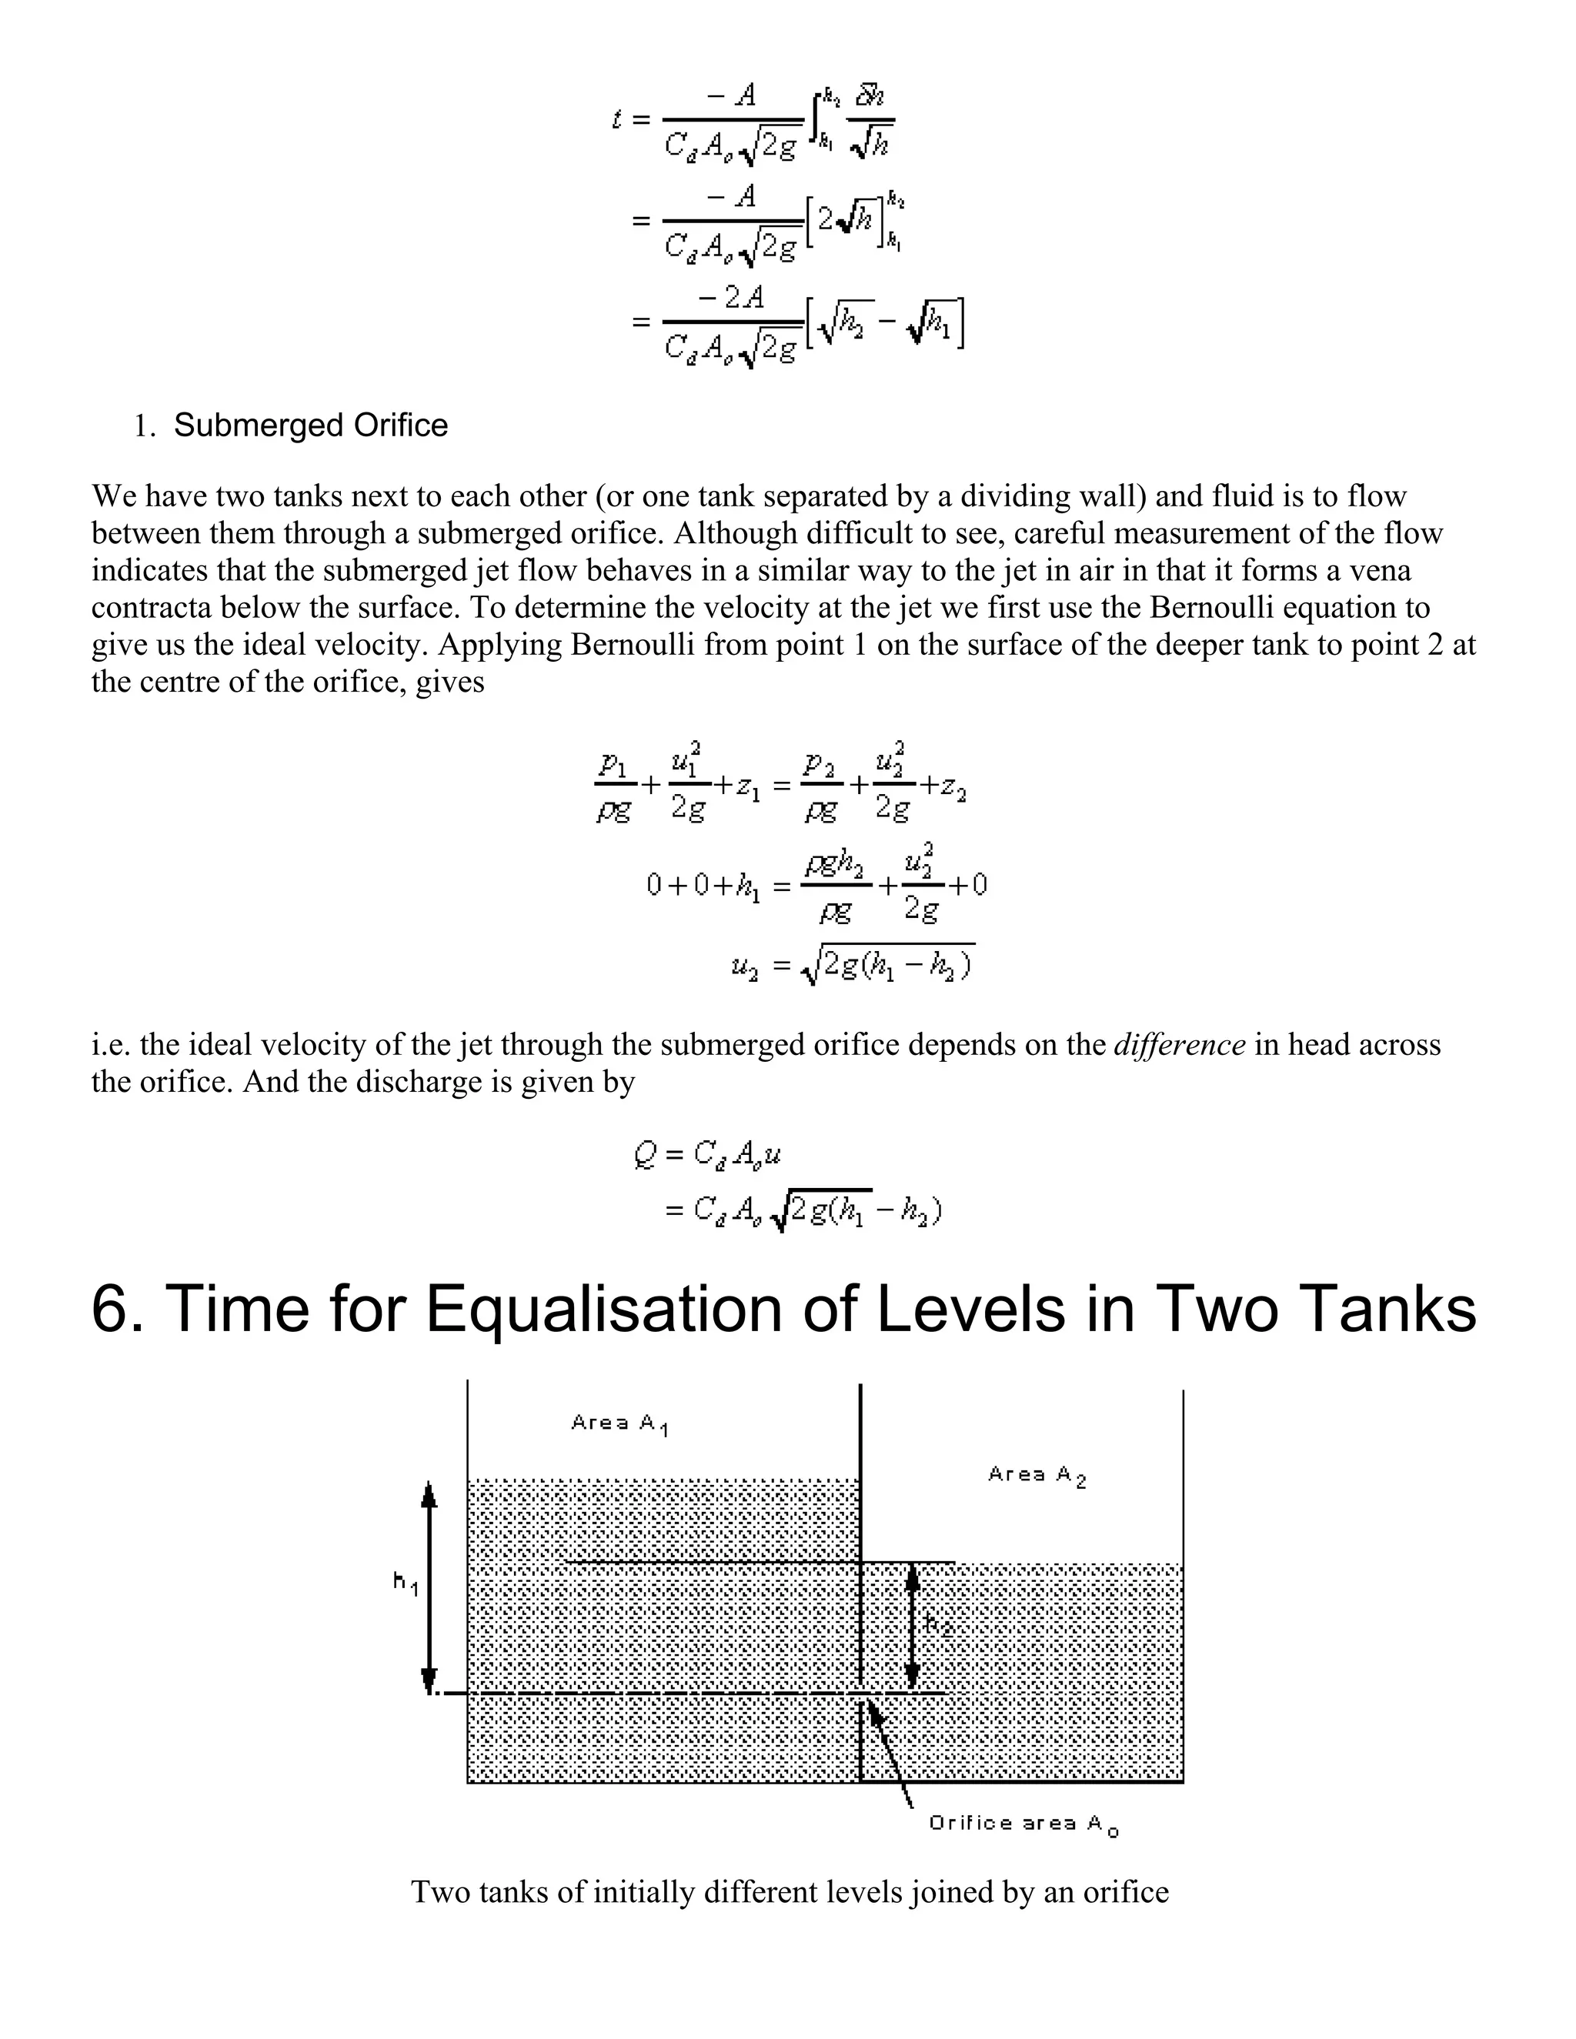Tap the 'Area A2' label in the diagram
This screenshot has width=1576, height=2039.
click(x=1037, y=1475)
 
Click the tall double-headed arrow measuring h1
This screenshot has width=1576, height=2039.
click(x=429, y=1587)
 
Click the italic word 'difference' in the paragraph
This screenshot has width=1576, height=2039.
click(x=1179, y=1044)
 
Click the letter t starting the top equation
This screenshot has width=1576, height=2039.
click(x=617, y=119)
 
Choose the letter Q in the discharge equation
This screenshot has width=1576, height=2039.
click(x=644, y=1156)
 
